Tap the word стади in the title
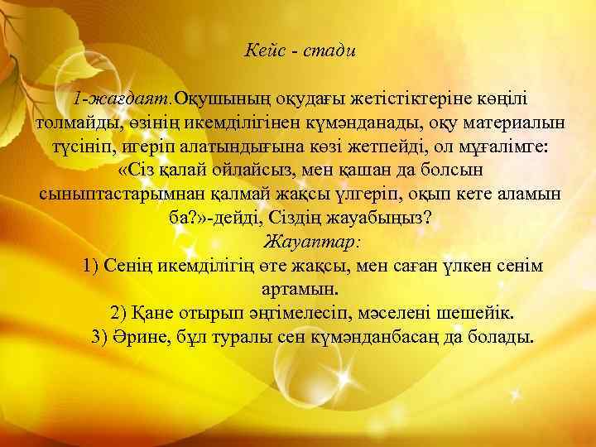(329, 51)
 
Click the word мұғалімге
(497, 147)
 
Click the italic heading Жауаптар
(311, 242)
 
